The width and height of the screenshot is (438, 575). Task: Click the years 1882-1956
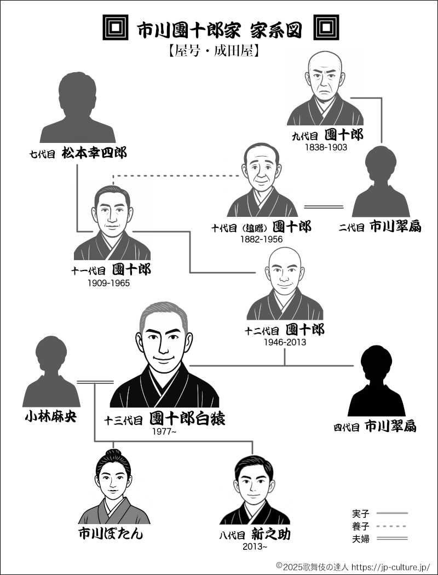tap(262, 239)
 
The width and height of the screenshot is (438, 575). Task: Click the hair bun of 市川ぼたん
tap(114, 452)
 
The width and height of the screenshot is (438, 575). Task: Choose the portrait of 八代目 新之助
tap(253, 490)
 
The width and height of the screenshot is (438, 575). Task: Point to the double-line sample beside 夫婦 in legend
tap(393, 539)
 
